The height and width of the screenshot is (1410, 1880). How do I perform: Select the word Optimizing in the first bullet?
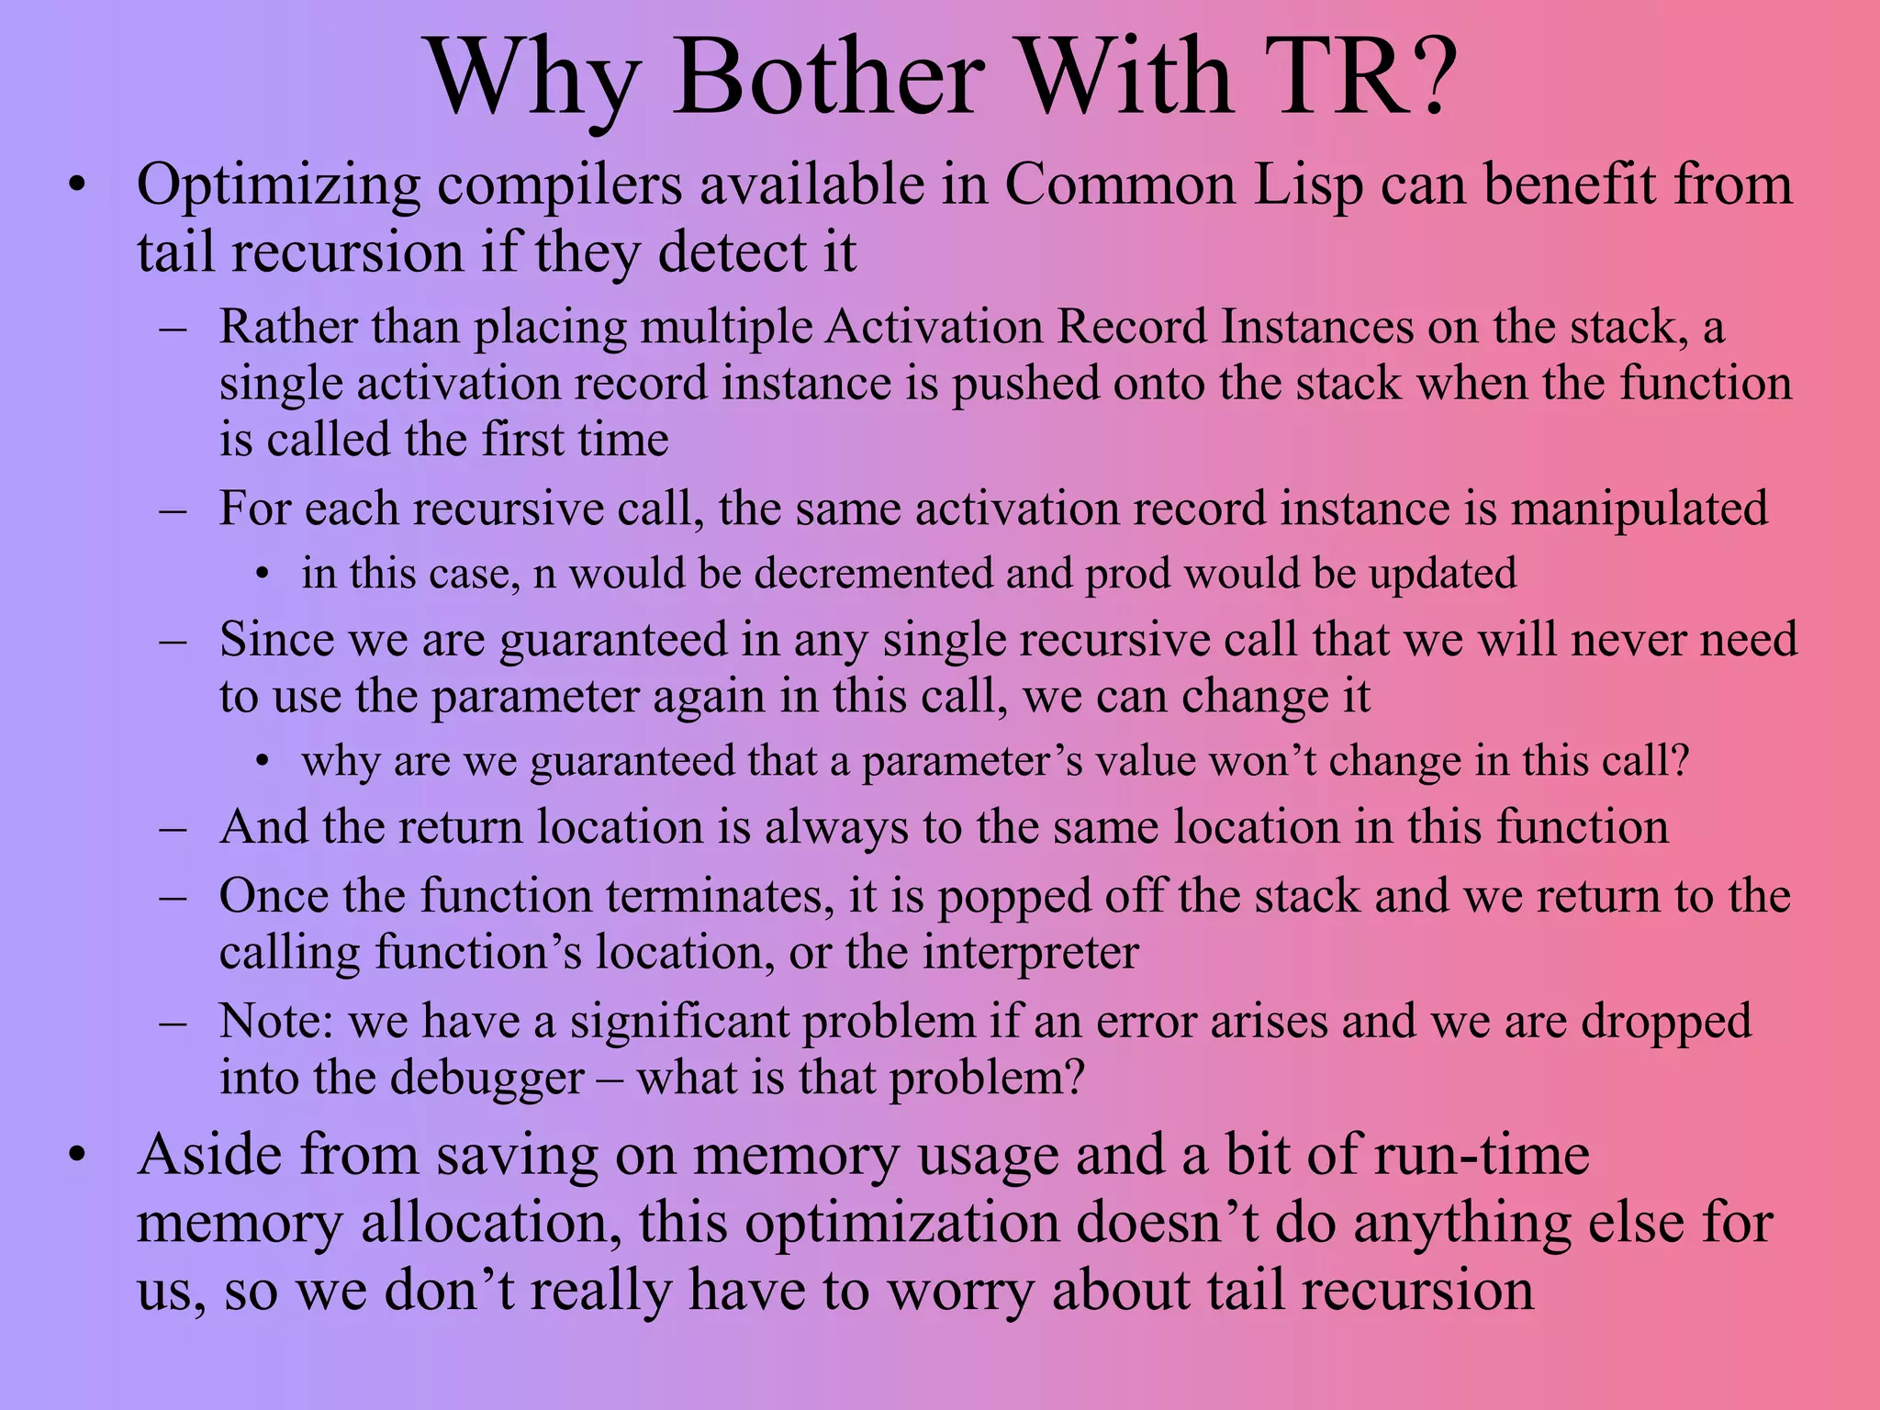click(279, 185)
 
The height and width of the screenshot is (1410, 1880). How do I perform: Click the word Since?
click(276, 639)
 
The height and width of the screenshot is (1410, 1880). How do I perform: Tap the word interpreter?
click(1031, 952)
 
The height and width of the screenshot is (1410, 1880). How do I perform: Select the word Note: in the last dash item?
click(276, 1021)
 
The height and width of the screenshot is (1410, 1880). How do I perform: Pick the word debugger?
click(487, 1077)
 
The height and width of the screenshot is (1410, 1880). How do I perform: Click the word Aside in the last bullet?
click(209, 1155)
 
